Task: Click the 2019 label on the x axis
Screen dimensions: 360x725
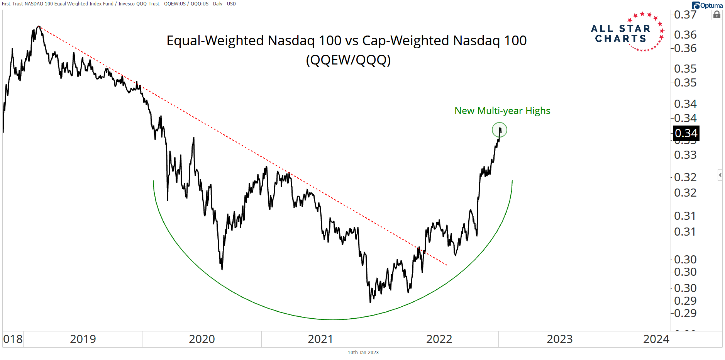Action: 83,339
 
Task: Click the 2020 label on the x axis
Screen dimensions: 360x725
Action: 202,339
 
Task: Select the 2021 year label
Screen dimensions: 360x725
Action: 320,339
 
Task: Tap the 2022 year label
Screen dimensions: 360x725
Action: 439,339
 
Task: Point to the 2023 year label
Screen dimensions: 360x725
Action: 559,339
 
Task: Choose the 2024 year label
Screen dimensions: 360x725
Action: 656,339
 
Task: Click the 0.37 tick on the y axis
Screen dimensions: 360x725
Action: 685,15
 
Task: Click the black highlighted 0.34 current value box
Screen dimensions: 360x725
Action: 686,133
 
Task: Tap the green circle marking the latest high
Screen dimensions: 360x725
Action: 499,130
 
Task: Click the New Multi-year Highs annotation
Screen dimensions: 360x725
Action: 502,111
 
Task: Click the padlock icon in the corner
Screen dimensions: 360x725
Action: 717,15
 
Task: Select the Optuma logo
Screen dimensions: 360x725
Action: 707,5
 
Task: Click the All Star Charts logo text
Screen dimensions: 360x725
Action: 621,34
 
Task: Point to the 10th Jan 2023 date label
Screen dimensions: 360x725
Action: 363,352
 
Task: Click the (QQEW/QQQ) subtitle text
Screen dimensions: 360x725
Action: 348,60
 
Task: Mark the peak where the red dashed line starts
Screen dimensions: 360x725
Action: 39,26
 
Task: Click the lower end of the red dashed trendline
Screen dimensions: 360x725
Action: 447,265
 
